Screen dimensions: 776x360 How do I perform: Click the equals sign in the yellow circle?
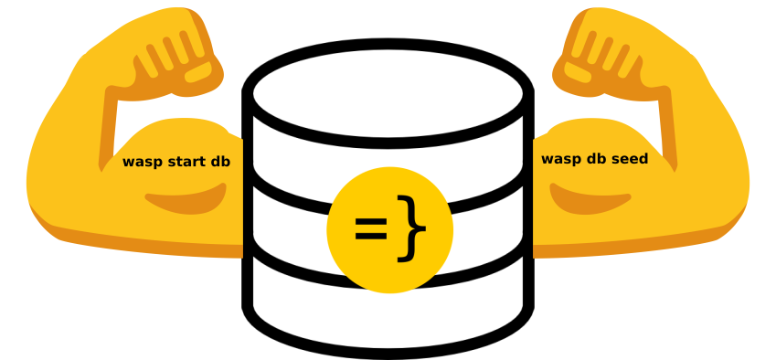point(371,229)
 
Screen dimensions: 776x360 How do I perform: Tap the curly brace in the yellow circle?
point(411,228)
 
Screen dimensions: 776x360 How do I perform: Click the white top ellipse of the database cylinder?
point(388,93)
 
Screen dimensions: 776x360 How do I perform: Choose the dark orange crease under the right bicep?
point(589,199)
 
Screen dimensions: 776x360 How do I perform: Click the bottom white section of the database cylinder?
point(388,316)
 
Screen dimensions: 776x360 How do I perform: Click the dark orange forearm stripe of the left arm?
point(109,129)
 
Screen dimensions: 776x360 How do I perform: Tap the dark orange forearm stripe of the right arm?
point(667,129)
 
